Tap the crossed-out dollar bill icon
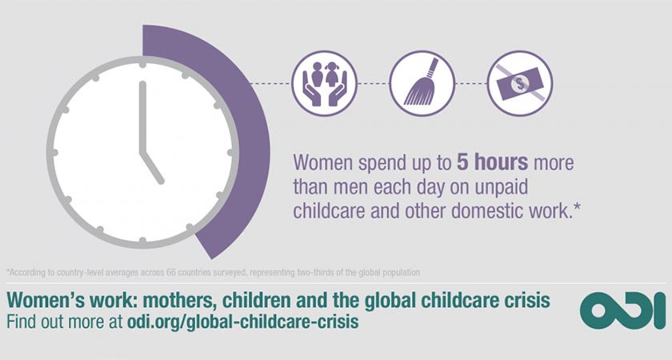pos(520,83)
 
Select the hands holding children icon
pos(325,83)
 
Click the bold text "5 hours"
pos(493,163)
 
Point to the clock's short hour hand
pos(152,167)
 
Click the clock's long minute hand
pos(142,117)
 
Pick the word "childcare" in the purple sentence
pos(329,212)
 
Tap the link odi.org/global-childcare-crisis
pos(242,322)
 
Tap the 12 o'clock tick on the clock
pos(142,63)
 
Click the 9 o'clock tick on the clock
pos(54,152)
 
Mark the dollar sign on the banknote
pos(520,83)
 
